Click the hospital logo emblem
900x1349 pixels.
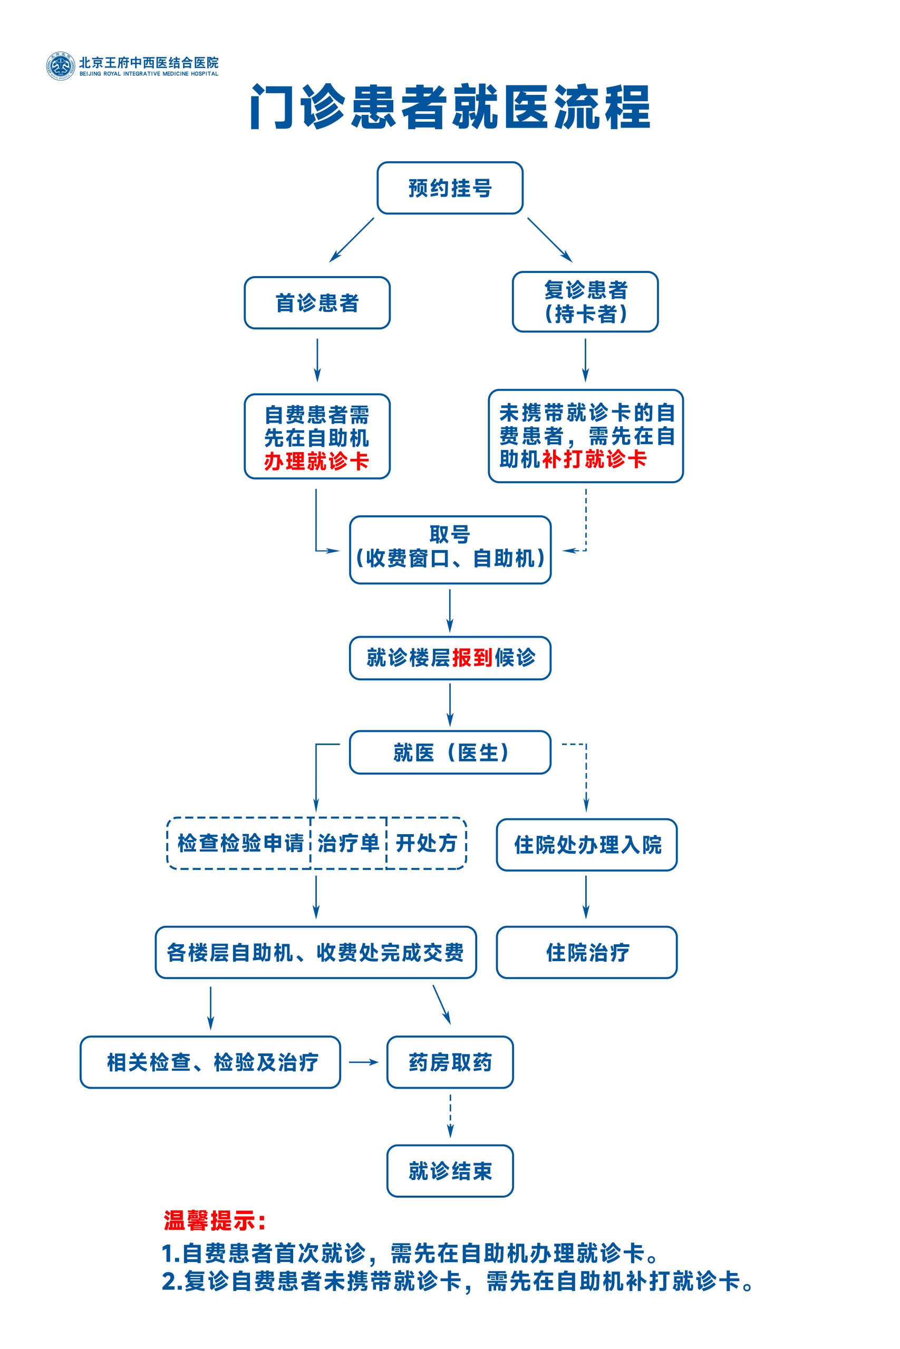(60, 66)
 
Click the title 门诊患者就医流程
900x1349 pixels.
(450, 107)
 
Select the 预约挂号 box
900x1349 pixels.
(450, 188)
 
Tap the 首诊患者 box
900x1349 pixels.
(317, 303)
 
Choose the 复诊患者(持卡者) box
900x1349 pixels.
(585, 302)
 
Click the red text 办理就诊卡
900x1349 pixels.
(316, 461)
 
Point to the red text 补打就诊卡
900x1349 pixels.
(594, 459)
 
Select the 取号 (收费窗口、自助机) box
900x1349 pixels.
(450, 550)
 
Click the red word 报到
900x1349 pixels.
(472, 657)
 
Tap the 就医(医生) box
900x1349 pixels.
(450, 752)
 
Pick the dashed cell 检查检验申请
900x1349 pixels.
(240, 843)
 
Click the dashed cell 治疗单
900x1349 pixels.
(349, 843)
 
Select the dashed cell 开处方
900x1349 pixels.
(426, 843)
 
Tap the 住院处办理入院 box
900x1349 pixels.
(587, 845)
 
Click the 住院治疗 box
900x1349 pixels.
(587, 952)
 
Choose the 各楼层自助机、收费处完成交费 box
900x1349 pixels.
(316, 952)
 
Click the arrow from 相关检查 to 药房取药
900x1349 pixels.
(364, 1062)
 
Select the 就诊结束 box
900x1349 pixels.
(450, 1170)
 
